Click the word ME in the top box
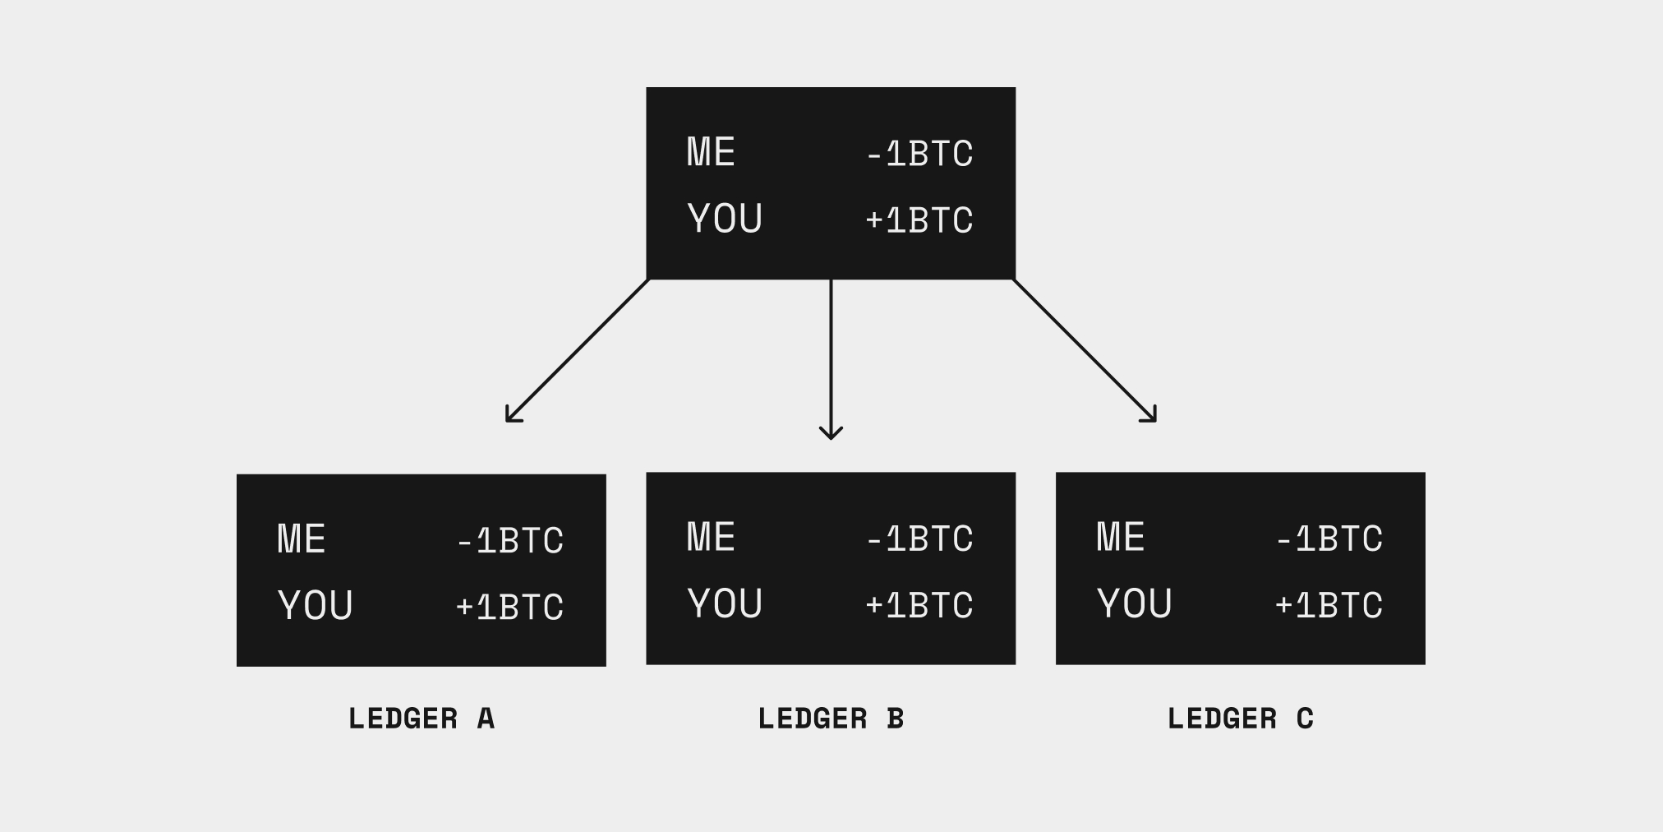tap(711, 152)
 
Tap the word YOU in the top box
tap(725, 219)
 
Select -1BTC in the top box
tap(919, 154)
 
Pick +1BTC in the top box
tap(919, 220)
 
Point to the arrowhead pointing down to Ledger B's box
tap(831, 433)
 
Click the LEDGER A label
tap(422, 719)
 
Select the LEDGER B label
tap(831, 719)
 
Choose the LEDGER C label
tap(1240, 719)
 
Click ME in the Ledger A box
tap(302, 539)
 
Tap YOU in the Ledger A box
tap(316, 606)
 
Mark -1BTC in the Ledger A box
tap(510, 541)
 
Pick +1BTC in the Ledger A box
tap(510, 608)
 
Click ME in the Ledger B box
tap(711, 537)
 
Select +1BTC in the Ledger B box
tap(919, 605)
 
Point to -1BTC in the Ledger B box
tap(919, 538)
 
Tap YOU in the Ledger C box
tap(1134, 603)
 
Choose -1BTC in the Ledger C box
tap(1329, 538)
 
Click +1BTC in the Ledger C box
tap(1329, 605)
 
